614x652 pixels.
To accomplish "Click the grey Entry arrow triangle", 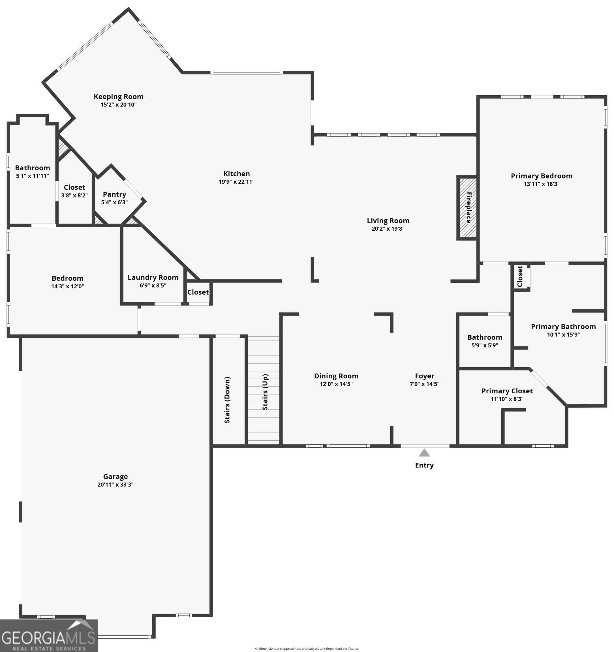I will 424,453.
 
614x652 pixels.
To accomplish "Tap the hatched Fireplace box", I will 467,208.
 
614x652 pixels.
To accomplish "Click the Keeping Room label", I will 118,97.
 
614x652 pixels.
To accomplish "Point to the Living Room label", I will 388,221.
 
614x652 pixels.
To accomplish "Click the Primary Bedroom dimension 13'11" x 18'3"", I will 542,184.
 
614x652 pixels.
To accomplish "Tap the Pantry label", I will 114,194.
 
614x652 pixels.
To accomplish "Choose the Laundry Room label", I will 153,277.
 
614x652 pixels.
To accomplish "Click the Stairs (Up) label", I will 265,392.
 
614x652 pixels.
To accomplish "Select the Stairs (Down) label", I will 227,400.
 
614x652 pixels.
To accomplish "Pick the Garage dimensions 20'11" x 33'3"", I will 115,484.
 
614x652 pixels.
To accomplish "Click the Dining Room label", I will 336,376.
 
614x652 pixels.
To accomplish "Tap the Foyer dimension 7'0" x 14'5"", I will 424,384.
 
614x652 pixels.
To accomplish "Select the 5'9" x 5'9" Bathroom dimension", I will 485,345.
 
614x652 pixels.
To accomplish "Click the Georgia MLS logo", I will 48,636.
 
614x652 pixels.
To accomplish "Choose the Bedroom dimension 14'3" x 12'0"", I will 68,286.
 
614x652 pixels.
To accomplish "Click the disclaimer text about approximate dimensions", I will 307,648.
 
